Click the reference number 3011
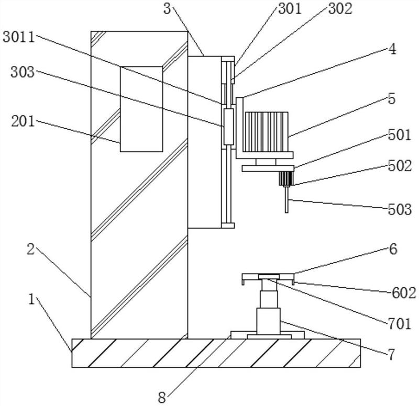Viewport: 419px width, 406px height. click(x=19, y=37)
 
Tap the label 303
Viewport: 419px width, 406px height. click(x=23, y=72)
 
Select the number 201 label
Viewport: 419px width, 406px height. click(x=23, y=121)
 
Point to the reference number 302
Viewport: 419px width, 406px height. click(x=340, y=8)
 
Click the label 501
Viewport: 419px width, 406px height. click(x=399, y=135)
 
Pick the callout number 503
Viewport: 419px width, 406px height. click(x=400, y=209)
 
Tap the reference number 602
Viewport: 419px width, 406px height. click(x=404, y=293)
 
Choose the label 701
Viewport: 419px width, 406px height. click(x=399, y=324)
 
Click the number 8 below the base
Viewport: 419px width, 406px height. click(x=162, y=398)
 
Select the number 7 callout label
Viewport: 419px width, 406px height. click(x=391, y=355)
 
